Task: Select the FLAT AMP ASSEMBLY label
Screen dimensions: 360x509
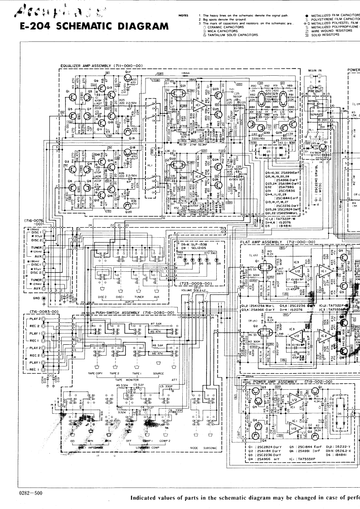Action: pos(277,242)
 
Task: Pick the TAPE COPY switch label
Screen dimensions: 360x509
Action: pos(97,373)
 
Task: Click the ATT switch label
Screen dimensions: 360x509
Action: pos(175,380)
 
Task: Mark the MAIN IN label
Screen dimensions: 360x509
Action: pos(314,70)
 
